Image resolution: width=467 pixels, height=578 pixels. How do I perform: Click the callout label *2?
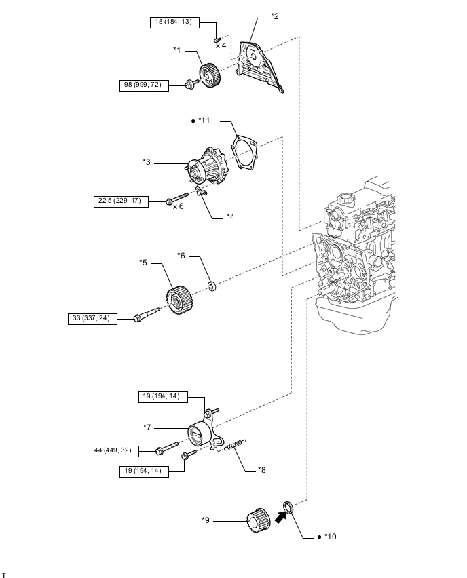click(x=275, y=16)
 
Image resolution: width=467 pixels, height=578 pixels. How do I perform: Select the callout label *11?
click(x=204, y=121)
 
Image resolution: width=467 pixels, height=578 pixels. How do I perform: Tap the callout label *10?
click(x=330, y=537)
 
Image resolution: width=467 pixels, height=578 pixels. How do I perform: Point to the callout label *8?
click(x=261, y=470)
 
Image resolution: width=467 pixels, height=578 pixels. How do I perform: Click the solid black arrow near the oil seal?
click(x=281, y=517)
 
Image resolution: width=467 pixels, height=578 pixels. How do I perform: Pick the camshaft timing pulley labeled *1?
click(x=210, y=75)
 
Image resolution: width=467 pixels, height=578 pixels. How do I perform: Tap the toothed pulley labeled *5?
click(x=181, y=300)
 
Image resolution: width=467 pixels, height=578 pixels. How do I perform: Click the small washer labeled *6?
click(x=212, y=286)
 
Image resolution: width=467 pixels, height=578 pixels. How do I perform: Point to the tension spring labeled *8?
click(x=235, y=444)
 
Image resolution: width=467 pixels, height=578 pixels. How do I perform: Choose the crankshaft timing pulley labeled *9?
click(x=258, y=520)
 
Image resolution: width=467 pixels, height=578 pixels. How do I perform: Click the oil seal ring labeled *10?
click(x=288, y=507)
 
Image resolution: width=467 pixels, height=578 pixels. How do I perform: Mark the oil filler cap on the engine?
click(x=346, y=199)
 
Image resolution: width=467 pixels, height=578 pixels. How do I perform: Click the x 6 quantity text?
click(x=178, y=206)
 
